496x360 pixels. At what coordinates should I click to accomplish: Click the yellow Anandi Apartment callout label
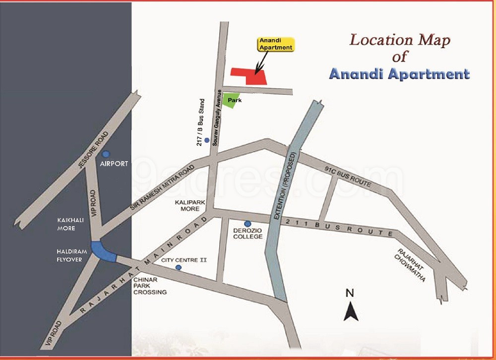pos(275,44)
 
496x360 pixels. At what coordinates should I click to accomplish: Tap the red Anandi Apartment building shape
pos(248,75)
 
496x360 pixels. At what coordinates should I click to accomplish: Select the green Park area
pos(230,100)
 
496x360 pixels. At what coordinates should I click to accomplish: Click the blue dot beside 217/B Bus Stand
pos(207,140)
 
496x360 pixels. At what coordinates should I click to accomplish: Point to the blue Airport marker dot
pos(106,154)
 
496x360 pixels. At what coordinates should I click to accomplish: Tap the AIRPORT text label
pos(114,164)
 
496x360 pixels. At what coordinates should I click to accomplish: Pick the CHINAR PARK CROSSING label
pos(149,286)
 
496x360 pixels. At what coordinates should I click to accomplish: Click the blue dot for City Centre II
pos(179,268)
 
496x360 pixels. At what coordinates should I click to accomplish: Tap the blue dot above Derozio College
pos(248,224)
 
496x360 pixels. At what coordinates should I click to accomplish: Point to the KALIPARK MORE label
pos(187,206)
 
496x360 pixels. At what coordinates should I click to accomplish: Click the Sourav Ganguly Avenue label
pos(216,117)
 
